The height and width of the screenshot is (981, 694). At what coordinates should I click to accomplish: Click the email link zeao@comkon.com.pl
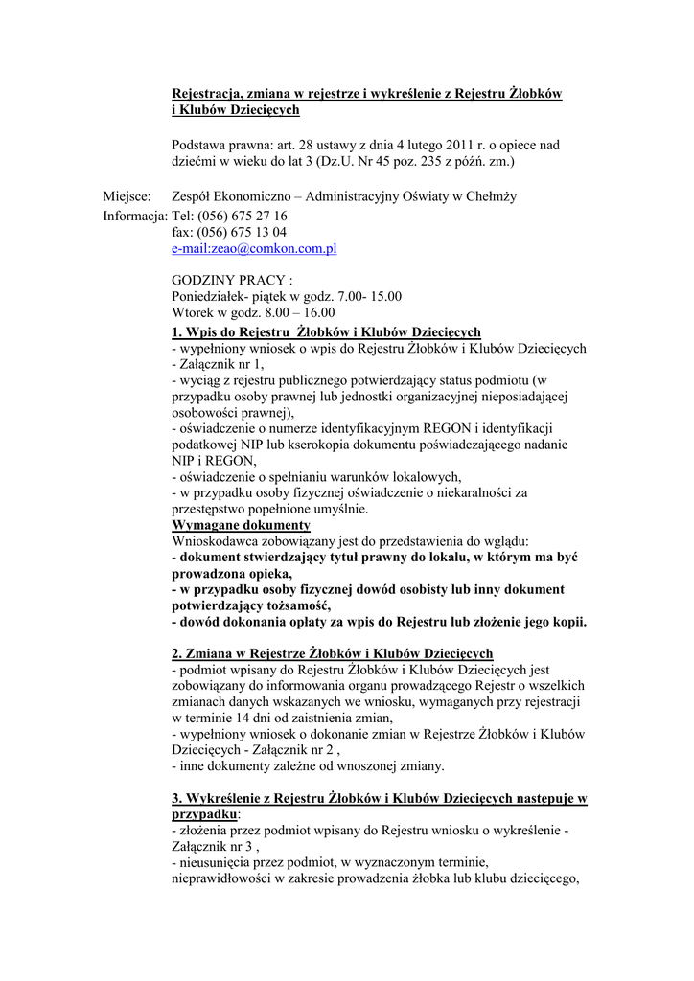point(254,249)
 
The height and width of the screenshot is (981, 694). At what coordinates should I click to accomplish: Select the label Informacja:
point(135,216)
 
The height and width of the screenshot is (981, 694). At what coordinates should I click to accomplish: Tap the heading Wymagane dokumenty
point(241,526)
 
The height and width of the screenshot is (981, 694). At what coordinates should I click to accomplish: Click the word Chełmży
point(491,197)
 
